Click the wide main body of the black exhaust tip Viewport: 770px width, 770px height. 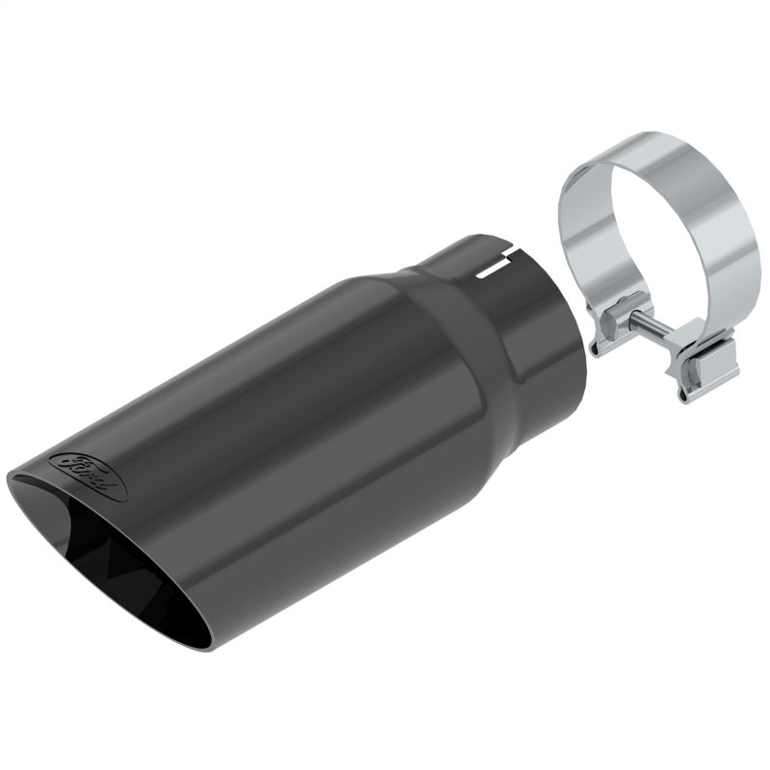tap(289, 423)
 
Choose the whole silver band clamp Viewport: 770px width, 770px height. tap(659, 260)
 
